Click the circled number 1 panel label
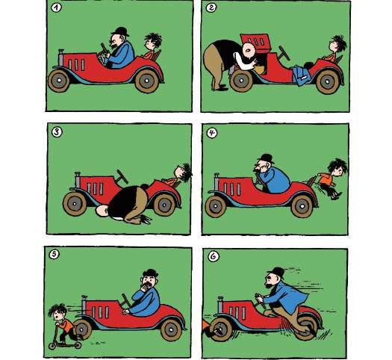[56, 7]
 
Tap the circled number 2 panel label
[211, 7]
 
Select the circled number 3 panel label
[57, 132]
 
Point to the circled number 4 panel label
[212, 133]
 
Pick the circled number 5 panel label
[55, 255]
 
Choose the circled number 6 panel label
[214, 256]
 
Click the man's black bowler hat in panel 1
[120, 31]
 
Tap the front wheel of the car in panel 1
[59, 81]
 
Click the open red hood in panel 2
[255, 43]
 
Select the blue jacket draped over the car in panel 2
[301, 75]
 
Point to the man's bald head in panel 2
[249, 50]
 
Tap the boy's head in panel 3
[183, 172]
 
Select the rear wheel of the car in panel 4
[302, 206]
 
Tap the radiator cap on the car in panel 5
[84, 297]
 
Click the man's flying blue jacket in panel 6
[289, 297]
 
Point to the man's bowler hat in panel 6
[276, 273]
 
